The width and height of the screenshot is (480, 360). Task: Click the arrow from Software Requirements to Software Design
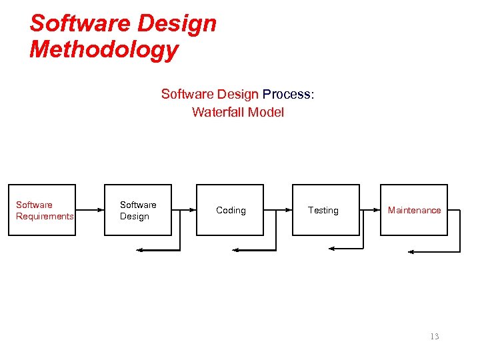pos(90,210)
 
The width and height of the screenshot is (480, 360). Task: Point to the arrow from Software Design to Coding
pos(183,210)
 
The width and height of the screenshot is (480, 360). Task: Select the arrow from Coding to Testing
pos(278,210)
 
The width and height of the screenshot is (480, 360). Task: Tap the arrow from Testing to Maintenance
pos(369,210)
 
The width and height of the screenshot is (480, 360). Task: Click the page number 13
pos(435,336)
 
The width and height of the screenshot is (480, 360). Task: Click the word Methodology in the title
pos(104,49)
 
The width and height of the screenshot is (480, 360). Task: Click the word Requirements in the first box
pos(45,216)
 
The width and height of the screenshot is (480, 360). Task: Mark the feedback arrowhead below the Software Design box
pos(139,250)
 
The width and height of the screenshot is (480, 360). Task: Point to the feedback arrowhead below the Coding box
pos(235,250)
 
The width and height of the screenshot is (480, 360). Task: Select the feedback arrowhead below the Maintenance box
pos(411,252)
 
